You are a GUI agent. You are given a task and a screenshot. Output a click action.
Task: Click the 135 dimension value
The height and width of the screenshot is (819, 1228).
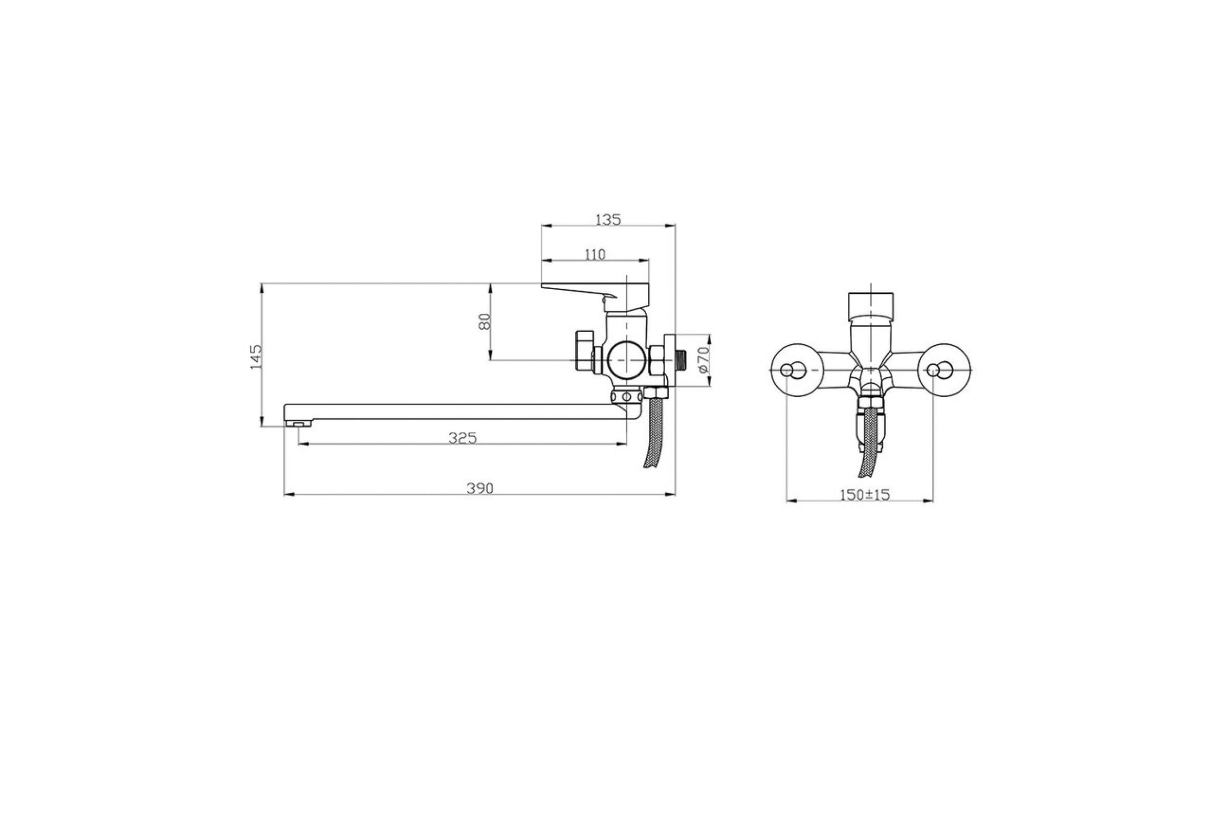[x=608, y=220]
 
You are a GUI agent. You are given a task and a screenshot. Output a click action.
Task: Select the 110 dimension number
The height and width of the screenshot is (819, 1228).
[x=595, y=255]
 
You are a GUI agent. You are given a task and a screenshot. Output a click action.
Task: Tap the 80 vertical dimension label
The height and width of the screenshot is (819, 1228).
[x=485, y=321]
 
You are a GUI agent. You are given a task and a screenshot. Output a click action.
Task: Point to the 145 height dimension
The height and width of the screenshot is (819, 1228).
[x=256, y=357]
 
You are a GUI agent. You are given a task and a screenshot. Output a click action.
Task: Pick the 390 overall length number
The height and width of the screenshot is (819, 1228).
[x=479, y=488]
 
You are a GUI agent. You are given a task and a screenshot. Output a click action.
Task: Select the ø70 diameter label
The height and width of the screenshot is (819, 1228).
[x=703, y=360]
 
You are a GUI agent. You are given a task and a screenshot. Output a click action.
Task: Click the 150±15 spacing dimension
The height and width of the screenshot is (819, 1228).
[x=864, y=494]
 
